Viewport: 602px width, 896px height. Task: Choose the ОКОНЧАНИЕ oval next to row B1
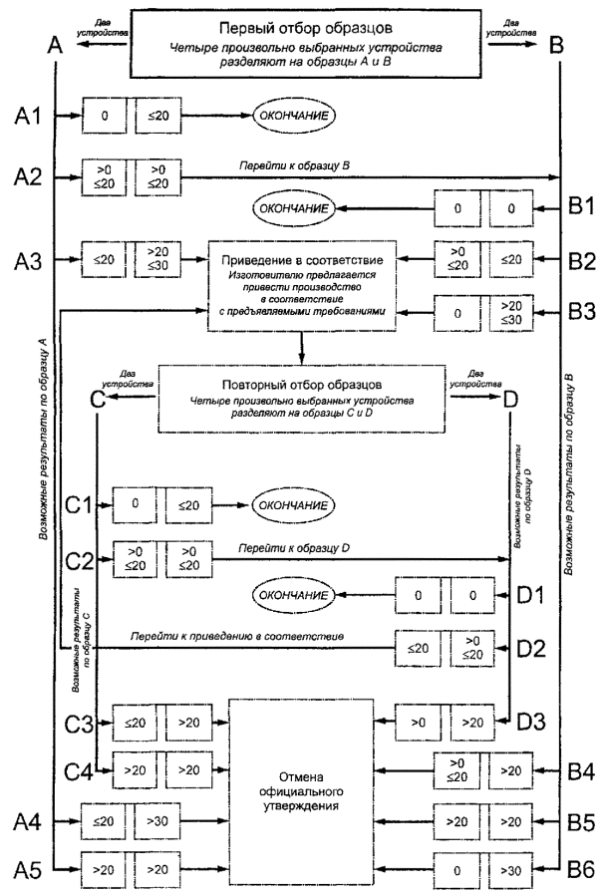pyautogui.click(x=293, y=210)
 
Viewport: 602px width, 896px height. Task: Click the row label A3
pyautogui.click(x=28, y=259)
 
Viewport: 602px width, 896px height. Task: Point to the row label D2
pyautogui.click(x=531, y=648)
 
